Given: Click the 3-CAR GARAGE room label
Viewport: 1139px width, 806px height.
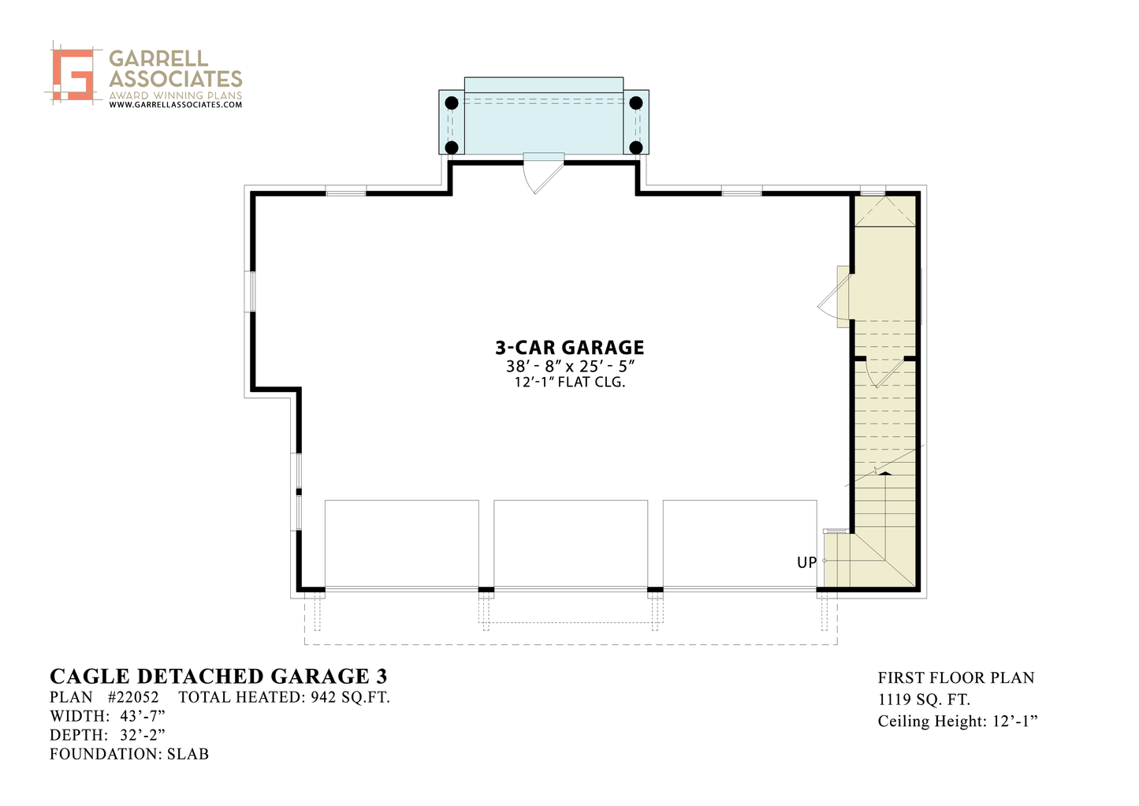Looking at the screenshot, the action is (x=569, y=348).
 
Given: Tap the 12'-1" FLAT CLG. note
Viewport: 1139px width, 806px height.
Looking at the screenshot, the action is (x=569, y=382).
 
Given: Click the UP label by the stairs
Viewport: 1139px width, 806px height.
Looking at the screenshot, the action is (x=806, y=562).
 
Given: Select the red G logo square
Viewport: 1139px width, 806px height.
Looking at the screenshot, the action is (x=74, y=74).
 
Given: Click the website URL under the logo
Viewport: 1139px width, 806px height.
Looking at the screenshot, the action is (x=176, y=105).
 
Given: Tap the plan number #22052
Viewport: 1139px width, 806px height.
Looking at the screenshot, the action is (x=133, y=696).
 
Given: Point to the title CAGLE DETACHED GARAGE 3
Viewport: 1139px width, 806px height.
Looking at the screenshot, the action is (x=218, y=676).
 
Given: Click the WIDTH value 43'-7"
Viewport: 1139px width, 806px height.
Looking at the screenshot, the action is (x=143, y=716).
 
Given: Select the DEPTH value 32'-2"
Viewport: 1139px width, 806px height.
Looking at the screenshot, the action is (x=143, y=735).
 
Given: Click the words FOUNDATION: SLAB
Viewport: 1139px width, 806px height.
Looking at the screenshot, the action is (x=129, y=754).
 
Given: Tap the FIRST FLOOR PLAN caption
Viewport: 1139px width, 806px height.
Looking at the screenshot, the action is (x=956, y=677).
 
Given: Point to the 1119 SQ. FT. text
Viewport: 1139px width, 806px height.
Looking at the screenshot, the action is (x=924, y=700).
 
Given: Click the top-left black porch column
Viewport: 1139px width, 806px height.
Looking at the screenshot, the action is (x=452, y=103).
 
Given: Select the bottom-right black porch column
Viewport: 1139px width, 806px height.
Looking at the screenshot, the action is (x=636, y=147).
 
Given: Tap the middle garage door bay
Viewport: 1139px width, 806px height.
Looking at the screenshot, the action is (x=571, y=544).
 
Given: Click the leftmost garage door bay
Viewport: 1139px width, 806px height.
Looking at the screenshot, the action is (x=402, y=544).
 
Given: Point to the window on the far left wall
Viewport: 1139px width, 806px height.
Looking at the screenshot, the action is (x=250, y=292).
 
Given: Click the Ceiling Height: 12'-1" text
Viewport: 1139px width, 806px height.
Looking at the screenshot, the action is (x=958, y=721).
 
